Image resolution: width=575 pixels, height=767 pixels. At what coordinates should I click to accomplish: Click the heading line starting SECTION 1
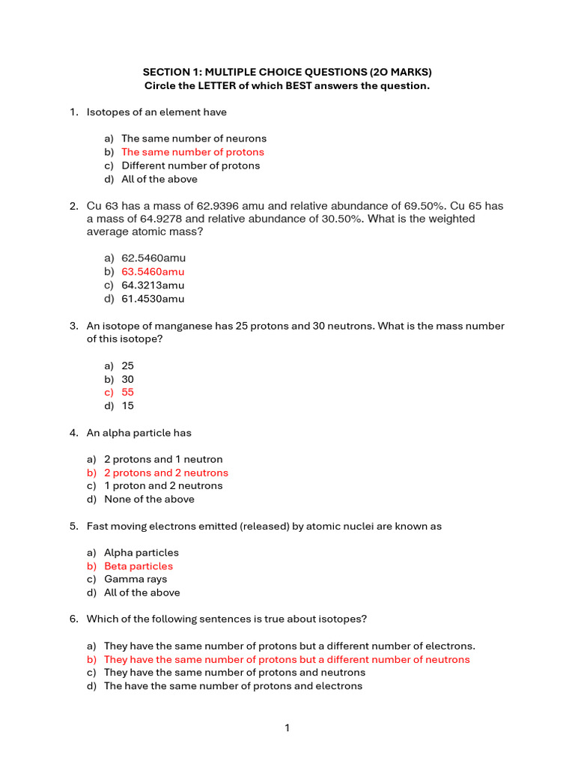coord(287,72)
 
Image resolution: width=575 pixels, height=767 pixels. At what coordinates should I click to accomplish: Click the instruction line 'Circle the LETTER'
coord(287,85)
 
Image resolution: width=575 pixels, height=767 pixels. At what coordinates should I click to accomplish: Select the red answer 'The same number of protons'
coord(192,152)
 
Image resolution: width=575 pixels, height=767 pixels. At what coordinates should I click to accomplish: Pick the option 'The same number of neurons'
coord(194,139)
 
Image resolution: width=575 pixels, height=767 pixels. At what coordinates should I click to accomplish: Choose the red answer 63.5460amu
coord(153,272)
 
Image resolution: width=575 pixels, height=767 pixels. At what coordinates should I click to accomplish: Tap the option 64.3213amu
coord(153,285)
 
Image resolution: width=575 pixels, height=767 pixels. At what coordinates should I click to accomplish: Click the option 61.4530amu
coord(153,299)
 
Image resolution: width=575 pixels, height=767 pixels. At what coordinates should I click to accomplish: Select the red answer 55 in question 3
coord(127,392)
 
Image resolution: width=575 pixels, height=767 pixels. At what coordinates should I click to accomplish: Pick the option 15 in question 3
coord(127,406)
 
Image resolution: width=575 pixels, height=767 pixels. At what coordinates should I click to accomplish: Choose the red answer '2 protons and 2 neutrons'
coord(166,473)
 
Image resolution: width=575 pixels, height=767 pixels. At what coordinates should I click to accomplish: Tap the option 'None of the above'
coord(149,500)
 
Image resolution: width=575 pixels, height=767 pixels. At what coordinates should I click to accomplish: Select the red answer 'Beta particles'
coord(139,566)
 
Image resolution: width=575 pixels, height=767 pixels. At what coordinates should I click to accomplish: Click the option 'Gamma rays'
coord(136,579)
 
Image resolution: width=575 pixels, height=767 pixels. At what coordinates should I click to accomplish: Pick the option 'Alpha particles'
coord(142,553)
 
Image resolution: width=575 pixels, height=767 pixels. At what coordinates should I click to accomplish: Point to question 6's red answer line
coord(287,660)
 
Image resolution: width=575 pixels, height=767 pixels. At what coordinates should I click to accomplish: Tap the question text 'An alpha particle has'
coord(139,433)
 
